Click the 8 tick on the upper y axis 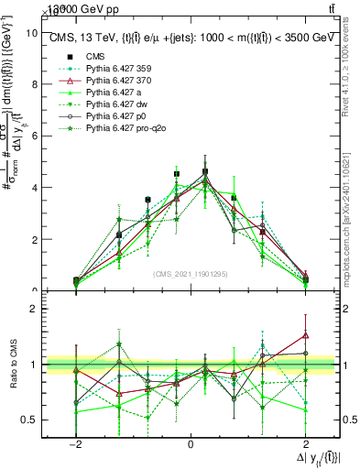click(x=33, y=84)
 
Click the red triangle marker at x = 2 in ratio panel click(x=305, y=335)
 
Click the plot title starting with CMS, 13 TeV click(x=190, y=38)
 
